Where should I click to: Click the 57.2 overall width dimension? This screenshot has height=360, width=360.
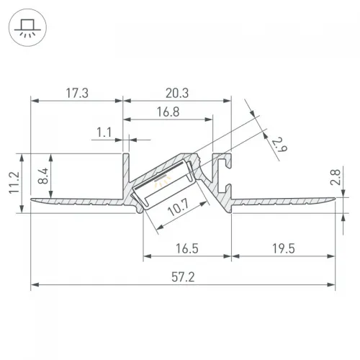click(183, 277)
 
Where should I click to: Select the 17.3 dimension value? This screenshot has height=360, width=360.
click(77, 93)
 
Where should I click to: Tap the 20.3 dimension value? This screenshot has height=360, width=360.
click(177, 93)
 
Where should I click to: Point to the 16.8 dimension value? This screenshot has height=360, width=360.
click(168, 112)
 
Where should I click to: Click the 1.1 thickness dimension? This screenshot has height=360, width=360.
click(104, 132)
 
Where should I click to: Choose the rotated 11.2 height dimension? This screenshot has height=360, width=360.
click(14, 182)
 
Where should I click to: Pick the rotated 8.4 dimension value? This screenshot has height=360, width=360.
click(43, 176)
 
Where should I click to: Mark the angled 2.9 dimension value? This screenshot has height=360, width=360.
click(279, 145)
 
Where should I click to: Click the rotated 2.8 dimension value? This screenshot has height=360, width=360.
click(335, 177)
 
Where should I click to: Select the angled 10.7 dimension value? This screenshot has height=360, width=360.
click(179, 207)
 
